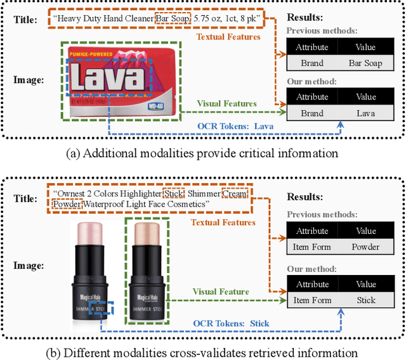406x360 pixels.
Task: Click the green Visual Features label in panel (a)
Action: tap(226, 103)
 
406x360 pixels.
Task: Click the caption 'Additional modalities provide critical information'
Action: tap(203, 152)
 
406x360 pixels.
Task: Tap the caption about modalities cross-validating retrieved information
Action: tap(203, 352)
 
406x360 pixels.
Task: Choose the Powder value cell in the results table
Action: tap(366, 247)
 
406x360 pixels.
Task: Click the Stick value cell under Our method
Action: tap(366, 300)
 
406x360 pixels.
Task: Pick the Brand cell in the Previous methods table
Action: tap(312, 63)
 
